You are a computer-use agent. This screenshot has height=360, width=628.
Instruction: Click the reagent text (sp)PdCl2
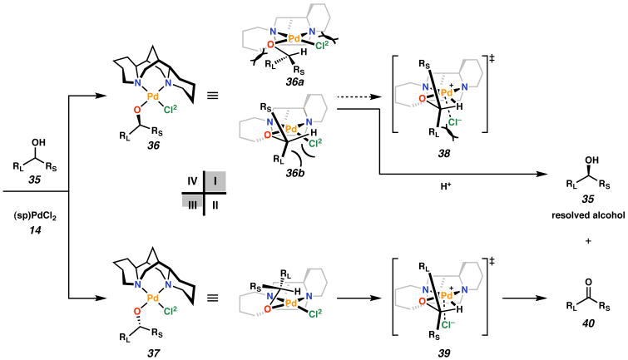coord(34,206)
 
